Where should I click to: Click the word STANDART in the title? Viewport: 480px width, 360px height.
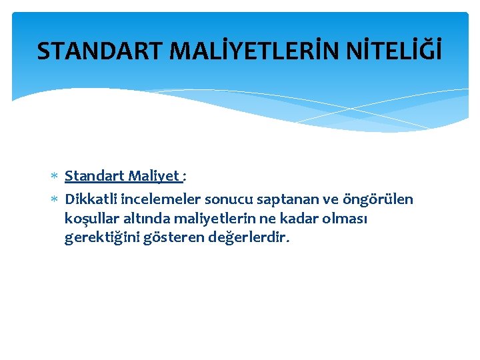(90, 51)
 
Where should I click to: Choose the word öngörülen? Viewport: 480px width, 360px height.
(377, 199)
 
